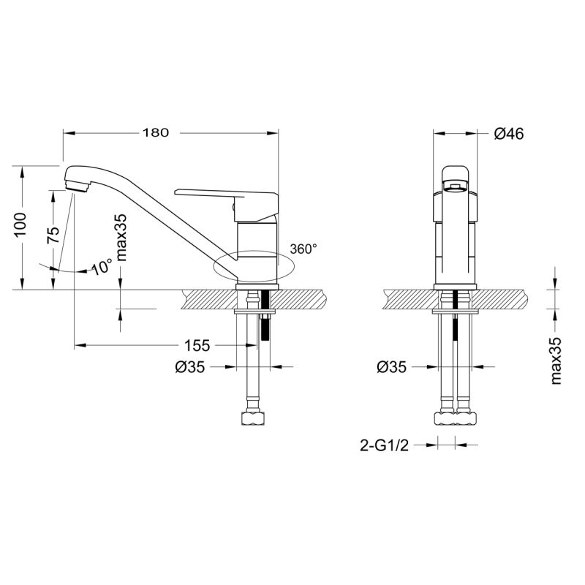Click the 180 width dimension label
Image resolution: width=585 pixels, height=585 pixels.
[x=156, y=133]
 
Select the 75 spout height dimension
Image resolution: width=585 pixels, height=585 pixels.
[x=53, y=235]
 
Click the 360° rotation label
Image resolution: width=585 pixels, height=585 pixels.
[x=303, y=249]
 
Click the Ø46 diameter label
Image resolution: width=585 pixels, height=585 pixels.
[x=509, y=134]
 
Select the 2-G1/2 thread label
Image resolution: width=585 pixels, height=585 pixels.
[x=383, y=444]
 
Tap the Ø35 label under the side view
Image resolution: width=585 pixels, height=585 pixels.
[x=190, y=368]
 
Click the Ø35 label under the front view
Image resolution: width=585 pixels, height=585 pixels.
[x=391, y=368]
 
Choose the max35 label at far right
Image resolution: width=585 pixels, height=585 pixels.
[x=556, y=361]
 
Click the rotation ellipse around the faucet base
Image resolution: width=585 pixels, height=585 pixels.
[x=252, y=264]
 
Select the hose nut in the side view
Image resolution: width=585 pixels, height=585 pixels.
[x=253, y=419]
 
